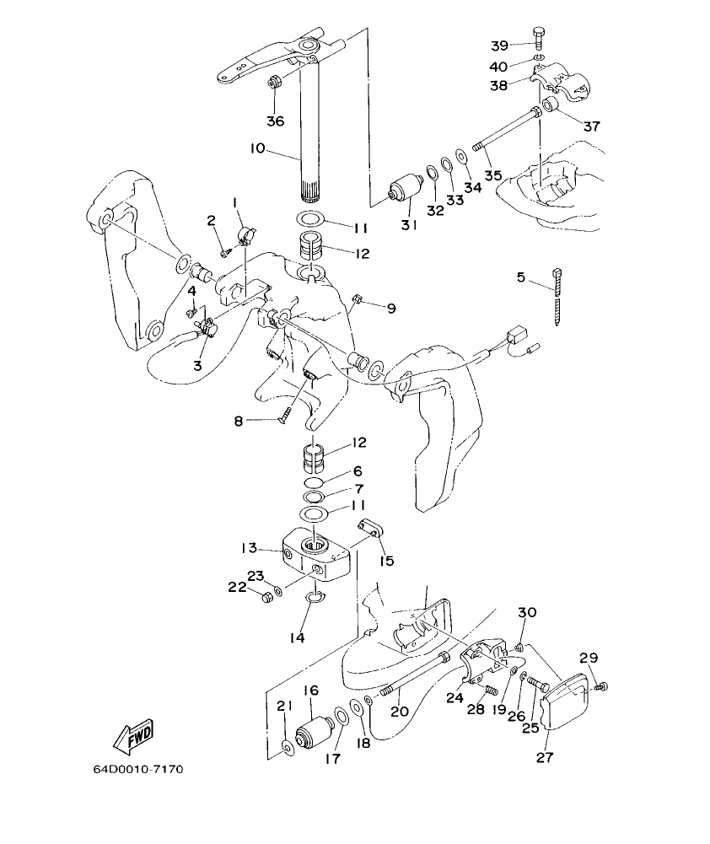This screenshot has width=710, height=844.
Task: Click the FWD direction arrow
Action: (132, 737)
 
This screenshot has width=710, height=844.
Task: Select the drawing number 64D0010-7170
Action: (138, 769)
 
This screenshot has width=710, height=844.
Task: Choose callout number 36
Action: (276, 121)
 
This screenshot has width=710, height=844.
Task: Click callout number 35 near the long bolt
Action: (492, 175)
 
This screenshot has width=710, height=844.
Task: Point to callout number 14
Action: (296, 638)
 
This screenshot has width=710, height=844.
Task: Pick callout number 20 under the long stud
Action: (399, 711)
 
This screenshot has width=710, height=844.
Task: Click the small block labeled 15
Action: (368, 529)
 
